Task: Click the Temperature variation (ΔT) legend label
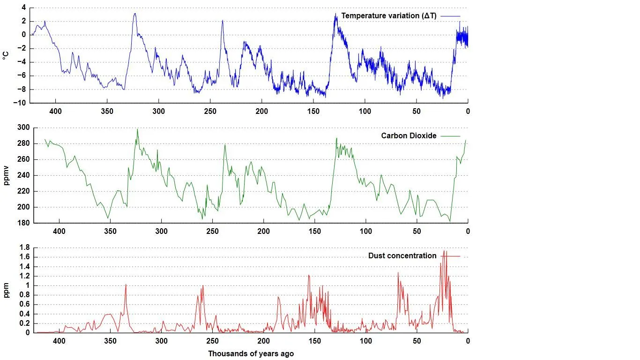388,15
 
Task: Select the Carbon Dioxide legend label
409,135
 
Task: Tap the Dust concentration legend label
402,256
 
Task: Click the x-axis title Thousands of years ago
251,353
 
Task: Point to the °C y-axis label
6,55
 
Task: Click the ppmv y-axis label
6,176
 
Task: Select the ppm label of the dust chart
6,291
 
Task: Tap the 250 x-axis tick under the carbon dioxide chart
212,231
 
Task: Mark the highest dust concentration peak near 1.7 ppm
444,251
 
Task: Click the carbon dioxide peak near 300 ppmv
137,129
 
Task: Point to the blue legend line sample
450,16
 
